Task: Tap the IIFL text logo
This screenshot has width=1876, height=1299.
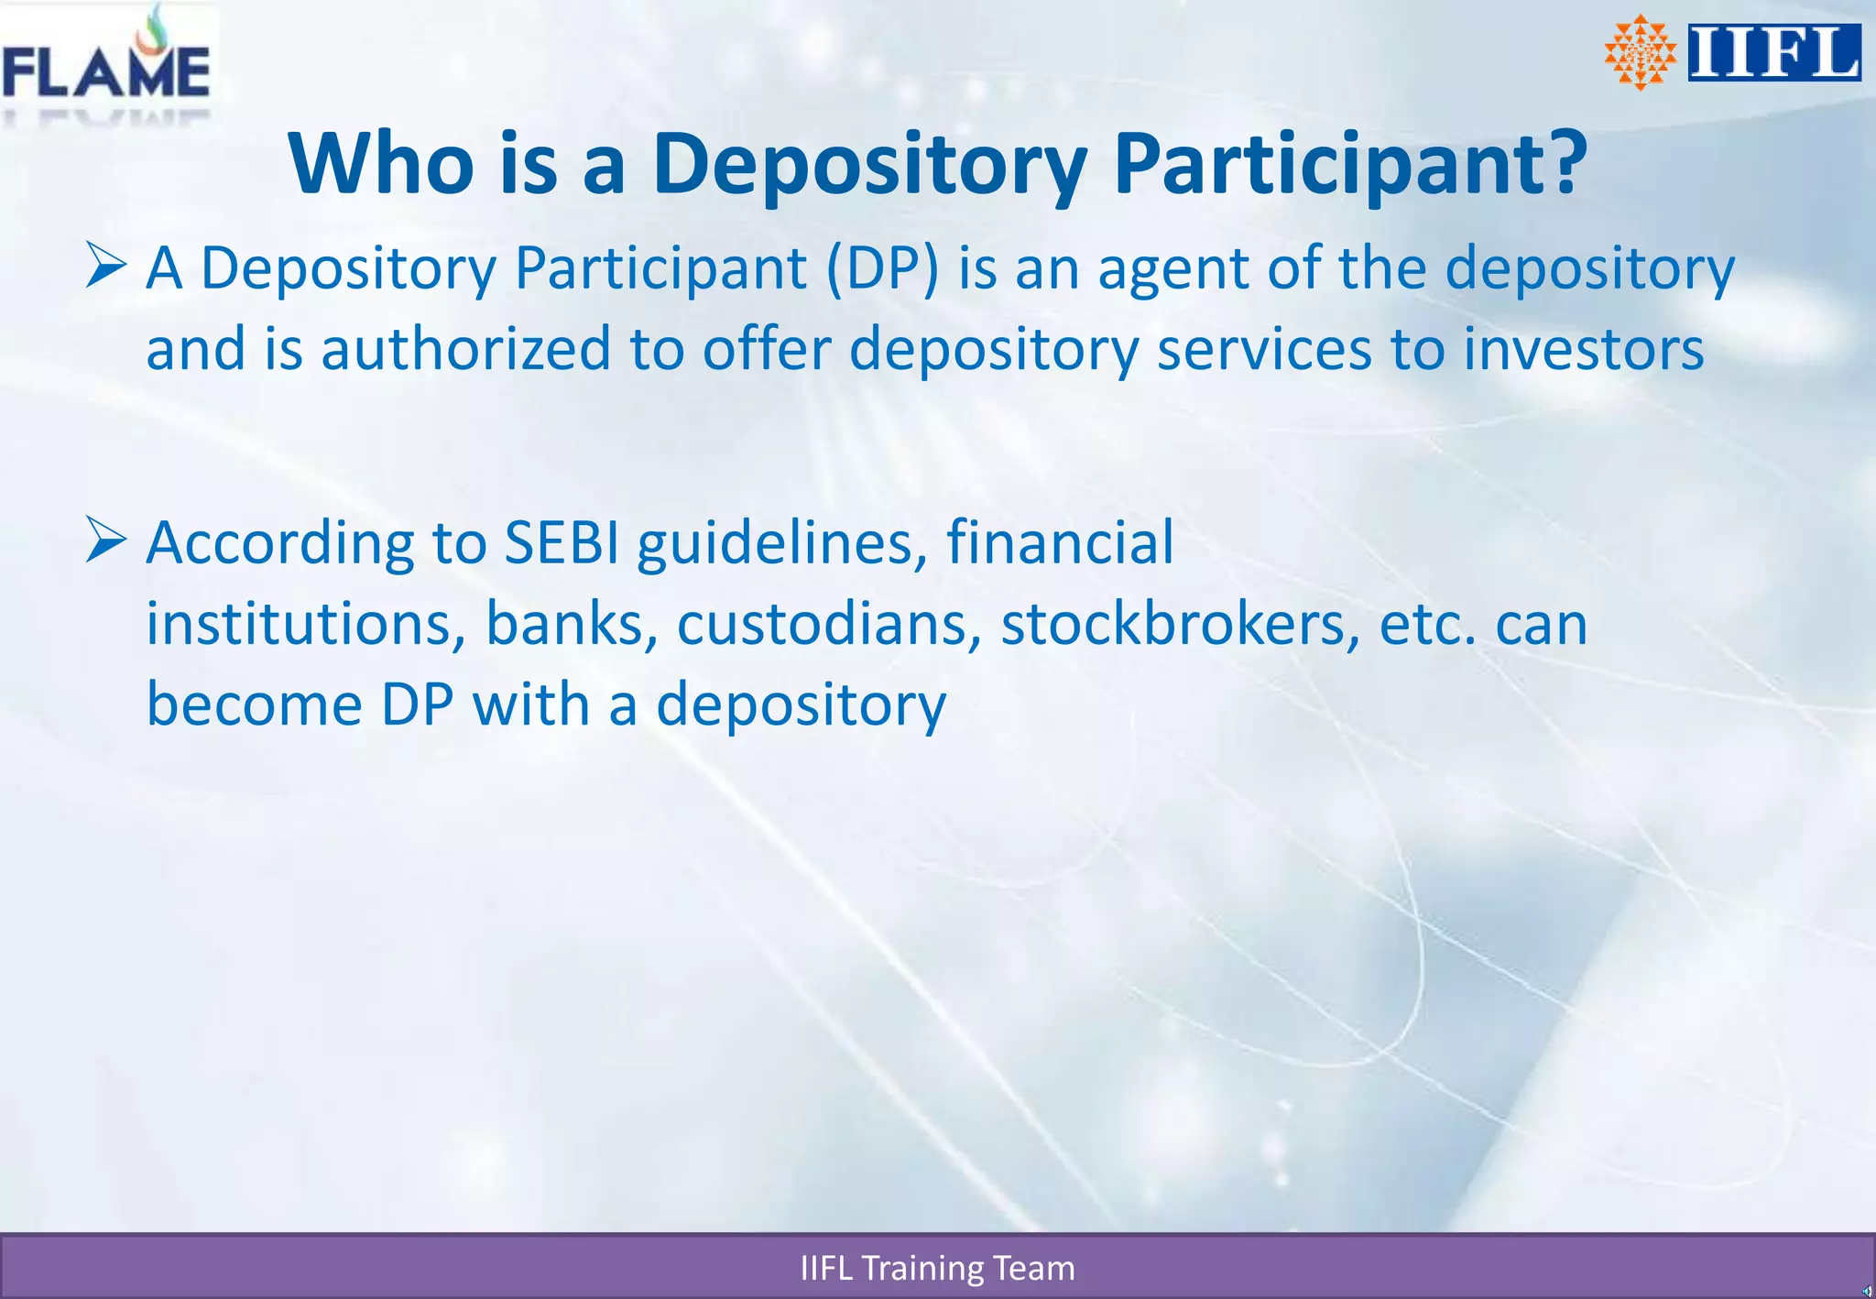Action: [x=1773, y=53]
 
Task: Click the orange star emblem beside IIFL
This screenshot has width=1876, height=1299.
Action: [x=1640, y=52]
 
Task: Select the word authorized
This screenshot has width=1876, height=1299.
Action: [x=465, y=349]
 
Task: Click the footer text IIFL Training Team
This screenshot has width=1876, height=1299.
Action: [x=937, y=1268]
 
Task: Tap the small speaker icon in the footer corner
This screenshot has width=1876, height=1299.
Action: [x=1867, y=1291]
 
